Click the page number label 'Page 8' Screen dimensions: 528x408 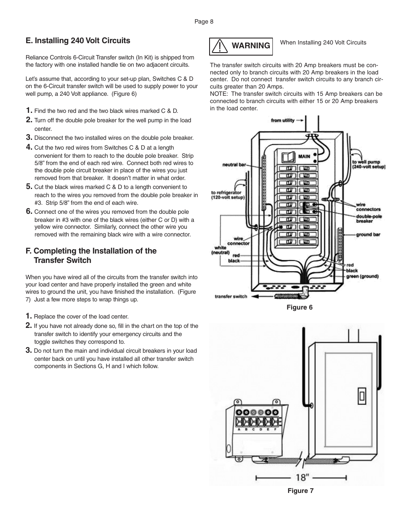coord(204,22)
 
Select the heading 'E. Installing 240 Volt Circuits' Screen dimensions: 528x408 coord(78,41)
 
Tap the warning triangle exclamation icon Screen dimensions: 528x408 coord(219,46)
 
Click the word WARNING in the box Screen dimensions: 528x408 coord(251,46)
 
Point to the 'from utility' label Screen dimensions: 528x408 coord(283,121)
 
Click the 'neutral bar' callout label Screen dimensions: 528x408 coord(234,165)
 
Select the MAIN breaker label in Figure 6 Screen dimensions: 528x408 coord(304,156)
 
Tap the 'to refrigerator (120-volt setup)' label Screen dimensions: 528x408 coord(228,195)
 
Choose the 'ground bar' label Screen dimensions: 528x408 coord(368,235)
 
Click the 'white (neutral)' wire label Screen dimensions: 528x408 coord(220,250)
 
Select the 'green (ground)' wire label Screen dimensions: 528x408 coord(362,276)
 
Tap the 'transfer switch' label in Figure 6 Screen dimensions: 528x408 coord(231,296)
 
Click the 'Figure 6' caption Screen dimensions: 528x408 coord(300,307)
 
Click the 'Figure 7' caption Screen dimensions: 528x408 coord(300,491)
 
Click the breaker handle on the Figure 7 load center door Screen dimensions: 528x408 coord(362,397)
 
